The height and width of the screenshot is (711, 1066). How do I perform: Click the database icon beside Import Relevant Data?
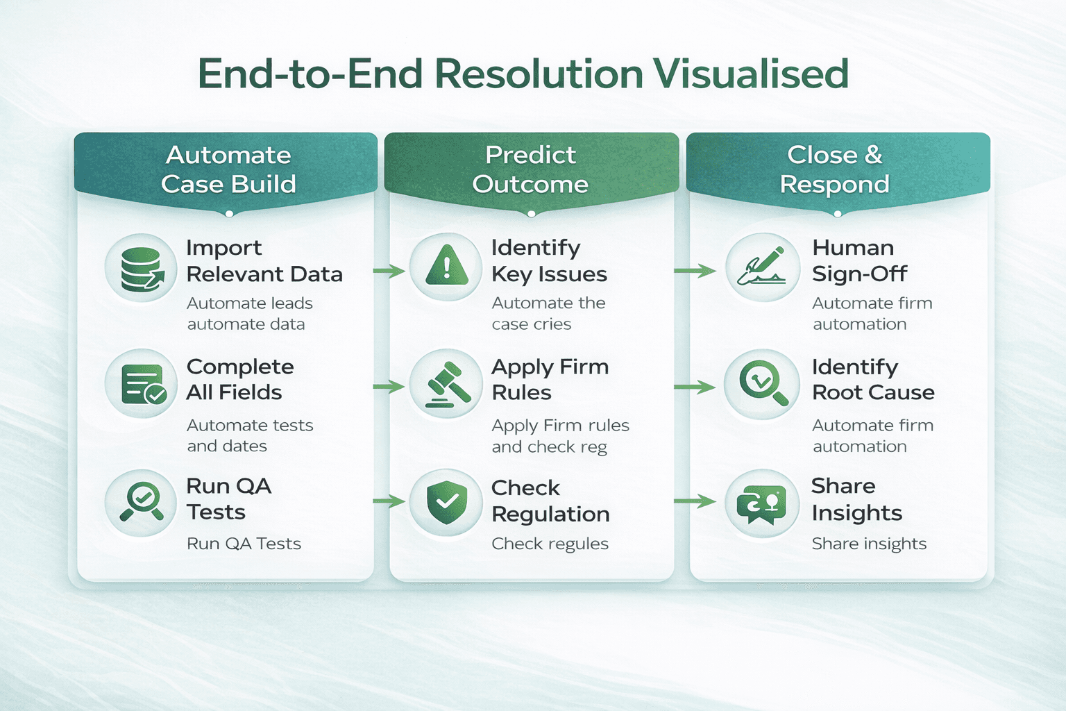(x=142, y=268)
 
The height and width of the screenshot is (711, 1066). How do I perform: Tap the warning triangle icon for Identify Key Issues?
(x=446, y=267)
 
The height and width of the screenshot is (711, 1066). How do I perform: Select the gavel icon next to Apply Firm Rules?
(x=446, y=384)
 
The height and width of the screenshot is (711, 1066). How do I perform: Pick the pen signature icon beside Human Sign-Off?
(x=762, y=267)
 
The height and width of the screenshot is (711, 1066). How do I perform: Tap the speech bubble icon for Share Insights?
(x=762, y=503)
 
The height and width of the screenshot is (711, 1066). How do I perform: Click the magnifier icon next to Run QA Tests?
(x=142, y=502)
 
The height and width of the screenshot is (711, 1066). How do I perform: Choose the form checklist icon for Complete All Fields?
(x=142, y=384)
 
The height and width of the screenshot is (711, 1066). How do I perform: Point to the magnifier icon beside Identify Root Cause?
(x=762, y=384)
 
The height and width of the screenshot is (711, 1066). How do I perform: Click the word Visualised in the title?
(x=750, y=74)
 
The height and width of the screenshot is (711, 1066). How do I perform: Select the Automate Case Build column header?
(x=228, y=169)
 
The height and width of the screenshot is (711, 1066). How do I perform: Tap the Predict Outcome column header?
(x=531, y=169)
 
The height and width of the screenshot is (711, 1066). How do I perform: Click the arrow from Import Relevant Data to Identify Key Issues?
(x=389, y=271)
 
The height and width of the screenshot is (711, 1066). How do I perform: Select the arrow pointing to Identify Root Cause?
(x=694, y=387)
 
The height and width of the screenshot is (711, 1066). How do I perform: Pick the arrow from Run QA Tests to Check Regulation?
(x=389, y=501)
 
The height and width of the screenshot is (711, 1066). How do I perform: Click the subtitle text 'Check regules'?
(x=550, y=544)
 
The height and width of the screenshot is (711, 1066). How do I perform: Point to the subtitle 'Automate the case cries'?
(x=548, y=314)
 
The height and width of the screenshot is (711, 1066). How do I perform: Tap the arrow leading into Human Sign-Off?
(x=694, y=271)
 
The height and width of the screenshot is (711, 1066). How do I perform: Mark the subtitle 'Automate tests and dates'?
(x=250, y=435)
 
